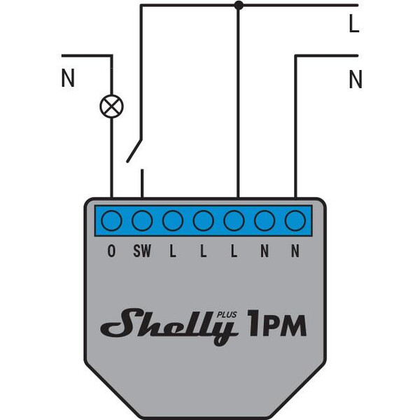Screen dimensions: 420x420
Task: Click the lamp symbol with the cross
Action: coord(112,106)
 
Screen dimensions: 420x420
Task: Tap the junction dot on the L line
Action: coord(239,5)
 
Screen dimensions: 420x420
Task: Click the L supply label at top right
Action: coord(354,24)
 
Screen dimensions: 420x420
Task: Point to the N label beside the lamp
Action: coord(68,78)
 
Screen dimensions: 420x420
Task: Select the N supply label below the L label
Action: coord(356,79)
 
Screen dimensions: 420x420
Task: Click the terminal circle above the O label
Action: coord(112,220)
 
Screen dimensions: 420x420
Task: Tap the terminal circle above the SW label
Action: coord(142,220)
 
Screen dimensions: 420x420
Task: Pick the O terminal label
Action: coord(111,251)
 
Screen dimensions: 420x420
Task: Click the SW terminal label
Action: coord(142,251)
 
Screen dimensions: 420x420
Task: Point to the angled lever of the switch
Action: coord(134,150)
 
